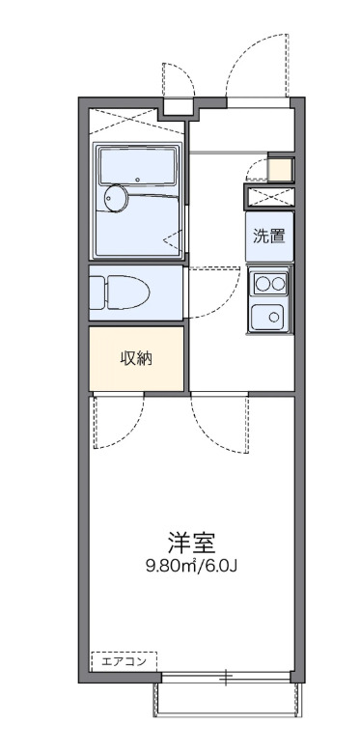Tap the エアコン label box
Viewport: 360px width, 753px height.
coord(124,661)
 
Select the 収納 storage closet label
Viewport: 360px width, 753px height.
coord(136,358)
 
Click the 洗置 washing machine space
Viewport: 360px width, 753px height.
coord(268,236)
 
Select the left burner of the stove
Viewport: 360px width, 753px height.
coord(262,283)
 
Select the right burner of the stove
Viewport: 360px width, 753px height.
coord(277,283)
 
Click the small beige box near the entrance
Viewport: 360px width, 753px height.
coord(279,170)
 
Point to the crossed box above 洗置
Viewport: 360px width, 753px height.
coord(268,196)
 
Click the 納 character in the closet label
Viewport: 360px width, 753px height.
coord(145,358)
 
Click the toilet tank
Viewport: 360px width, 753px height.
coord(97,292)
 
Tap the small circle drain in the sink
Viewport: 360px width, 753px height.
coord(273,316)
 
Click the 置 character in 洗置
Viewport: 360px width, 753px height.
coord(277,236)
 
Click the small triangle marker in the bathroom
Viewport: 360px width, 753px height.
coord(171,237)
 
